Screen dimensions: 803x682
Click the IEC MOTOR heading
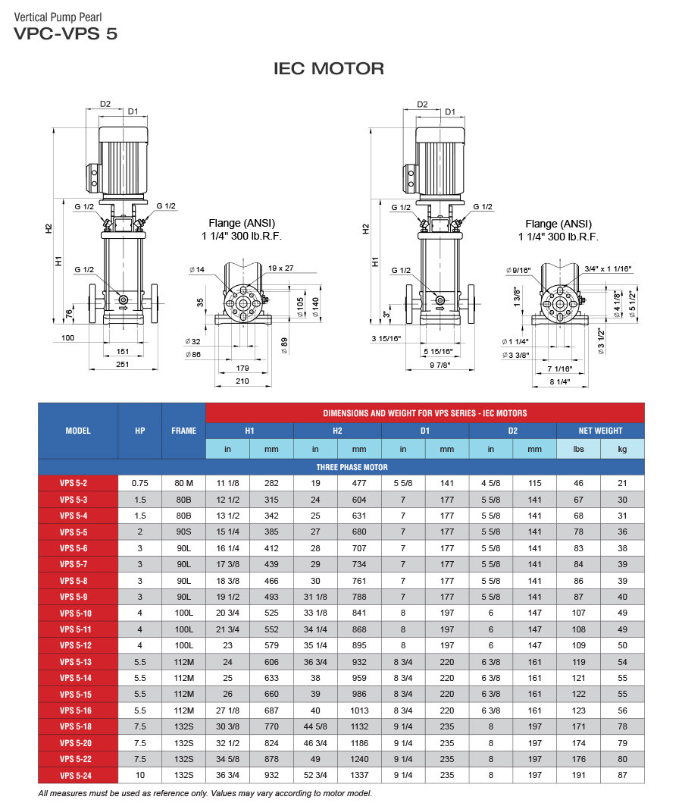point(328,69)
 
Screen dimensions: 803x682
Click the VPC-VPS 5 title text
point(65,33)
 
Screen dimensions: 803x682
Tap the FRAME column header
point(183,431)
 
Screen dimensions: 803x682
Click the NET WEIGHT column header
point(600,431)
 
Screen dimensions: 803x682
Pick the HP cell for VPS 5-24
point(139,775)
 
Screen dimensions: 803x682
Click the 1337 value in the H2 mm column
point(358,775)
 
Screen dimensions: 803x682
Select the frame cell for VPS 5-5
point(183,532)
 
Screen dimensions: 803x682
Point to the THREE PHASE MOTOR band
point(341,467)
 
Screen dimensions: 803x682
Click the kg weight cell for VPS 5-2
point(622,483)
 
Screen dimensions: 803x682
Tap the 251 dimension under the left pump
point(122,365)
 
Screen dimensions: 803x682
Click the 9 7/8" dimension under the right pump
point(440,365)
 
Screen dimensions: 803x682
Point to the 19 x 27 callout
point(280,268)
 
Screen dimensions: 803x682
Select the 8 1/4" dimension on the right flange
point(559,381)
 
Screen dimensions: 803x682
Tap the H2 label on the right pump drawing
point(365,227)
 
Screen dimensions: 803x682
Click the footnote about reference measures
point(205,793)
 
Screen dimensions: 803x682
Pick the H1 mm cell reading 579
point(271,645)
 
